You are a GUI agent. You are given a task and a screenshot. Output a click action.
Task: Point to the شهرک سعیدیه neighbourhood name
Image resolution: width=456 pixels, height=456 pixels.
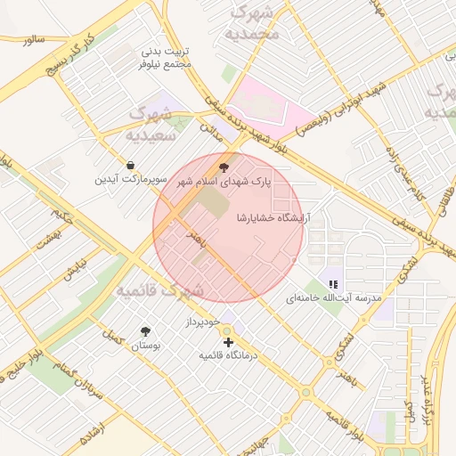tap(149, 126)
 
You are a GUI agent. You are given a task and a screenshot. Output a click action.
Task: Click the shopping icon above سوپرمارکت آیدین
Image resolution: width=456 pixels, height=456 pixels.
tap(131, 165)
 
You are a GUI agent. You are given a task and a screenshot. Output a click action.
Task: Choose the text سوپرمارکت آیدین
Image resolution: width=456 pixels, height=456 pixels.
tap(130, 180)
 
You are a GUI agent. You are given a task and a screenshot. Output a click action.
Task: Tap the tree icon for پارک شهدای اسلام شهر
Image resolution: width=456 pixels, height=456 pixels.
tap(223, 166)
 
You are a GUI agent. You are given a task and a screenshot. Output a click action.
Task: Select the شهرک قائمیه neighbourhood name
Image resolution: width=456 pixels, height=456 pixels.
tap(161, 290)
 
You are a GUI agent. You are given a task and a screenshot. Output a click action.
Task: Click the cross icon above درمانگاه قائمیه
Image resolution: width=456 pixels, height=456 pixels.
tap(228, 342)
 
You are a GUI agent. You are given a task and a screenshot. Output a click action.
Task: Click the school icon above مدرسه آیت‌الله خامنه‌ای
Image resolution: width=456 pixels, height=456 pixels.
tap(333, 284)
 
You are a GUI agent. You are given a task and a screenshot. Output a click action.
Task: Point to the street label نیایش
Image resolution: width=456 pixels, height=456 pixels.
tap(74, 270)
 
